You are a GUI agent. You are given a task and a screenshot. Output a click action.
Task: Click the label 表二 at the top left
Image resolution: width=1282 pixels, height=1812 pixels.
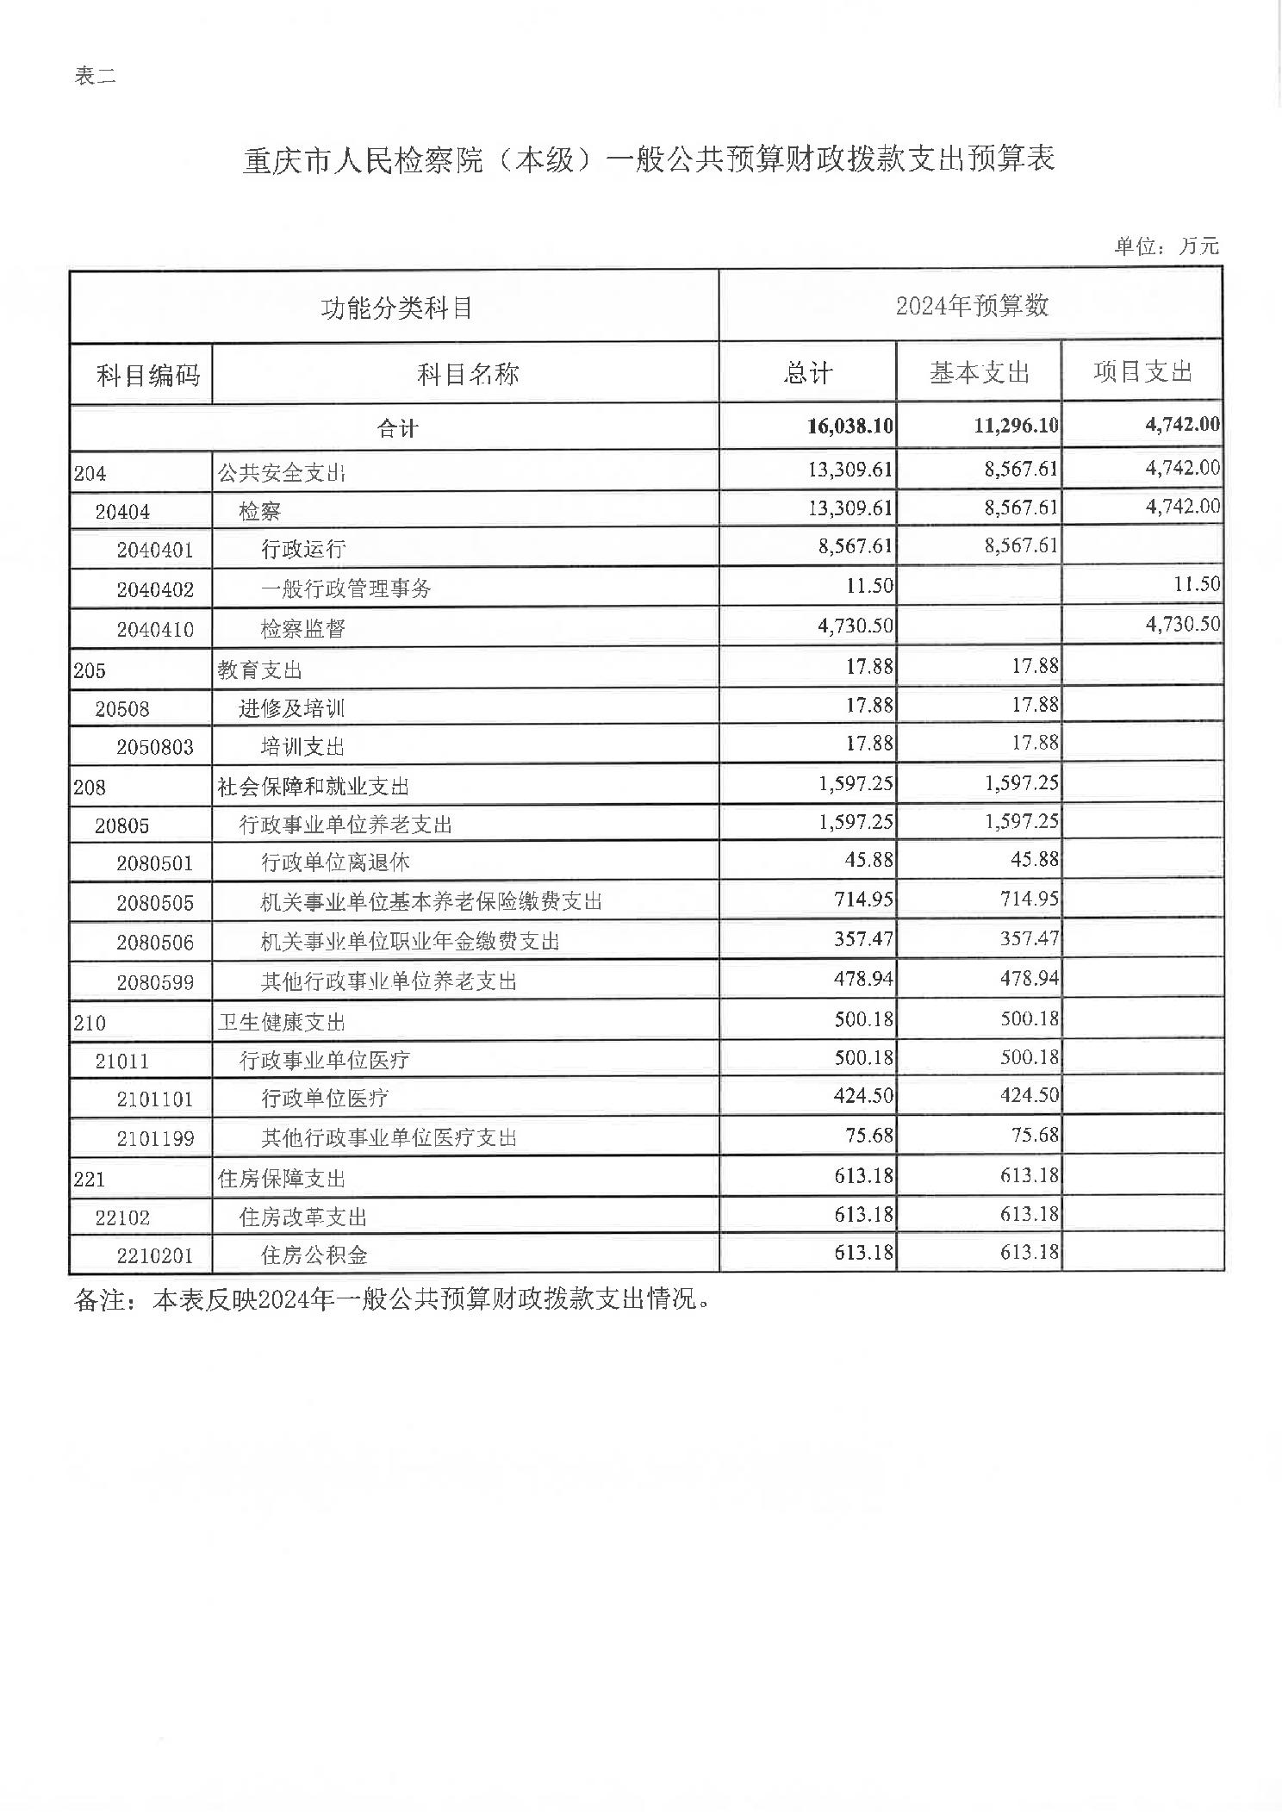95,77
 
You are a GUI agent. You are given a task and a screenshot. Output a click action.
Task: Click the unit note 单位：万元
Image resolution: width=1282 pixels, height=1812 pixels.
1166,246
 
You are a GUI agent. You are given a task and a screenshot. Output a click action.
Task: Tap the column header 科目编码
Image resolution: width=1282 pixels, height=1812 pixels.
147,375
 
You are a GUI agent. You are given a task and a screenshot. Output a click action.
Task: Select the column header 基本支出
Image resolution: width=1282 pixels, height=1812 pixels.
979,373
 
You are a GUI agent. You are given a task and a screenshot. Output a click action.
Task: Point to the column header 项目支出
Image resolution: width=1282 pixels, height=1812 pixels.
1142,372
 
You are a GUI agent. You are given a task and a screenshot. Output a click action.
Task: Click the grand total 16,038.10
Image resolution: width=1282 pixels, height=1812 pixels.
849,426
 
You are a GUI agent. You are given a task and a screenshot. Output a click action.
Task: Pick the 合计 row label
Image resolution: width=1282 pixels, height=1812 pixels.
397,428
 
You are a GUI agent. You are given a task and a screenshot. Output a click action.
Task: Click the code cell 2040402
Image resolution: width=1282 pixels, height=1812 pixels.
155,590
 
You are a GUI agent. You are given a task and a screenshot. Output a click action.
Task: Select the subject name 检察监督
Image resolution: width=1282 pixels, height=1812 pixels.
303,629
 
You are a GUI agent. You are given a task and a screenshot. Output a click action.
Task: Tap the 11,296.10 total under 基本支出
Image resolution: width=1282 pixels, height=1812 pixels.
1016,426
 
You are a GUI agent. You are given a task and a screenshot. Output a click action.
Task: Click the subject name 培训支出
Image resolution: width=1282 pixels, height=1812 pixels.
303,746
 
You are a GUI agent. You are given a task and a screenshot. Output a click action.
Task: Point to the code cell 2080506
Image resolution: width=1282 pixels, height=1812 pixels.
155,943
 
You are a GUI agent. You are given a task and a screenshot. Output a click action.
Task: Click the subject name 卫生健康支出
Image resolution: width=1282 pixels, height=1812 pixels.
282,1023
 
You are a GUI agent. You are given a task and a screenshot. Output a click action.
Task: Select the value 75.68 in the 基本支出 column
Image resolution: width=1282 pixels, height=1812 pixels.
1035,1136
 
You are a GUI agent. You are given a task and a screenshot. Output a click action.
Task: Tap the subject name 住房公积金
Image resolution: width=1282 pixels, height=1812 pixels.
314,1255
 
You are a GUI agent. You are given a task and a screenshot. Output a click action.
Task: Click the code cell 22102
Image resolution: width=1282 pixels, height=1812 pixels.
122,1217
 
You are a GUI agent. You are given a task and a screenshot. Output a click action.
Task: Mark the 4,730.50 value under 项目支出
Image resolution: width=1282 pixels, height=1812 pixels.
1182,625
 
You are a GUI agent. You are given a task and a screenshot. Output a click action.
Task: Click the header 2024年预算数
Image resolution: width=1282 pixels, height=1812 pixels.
972,306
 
